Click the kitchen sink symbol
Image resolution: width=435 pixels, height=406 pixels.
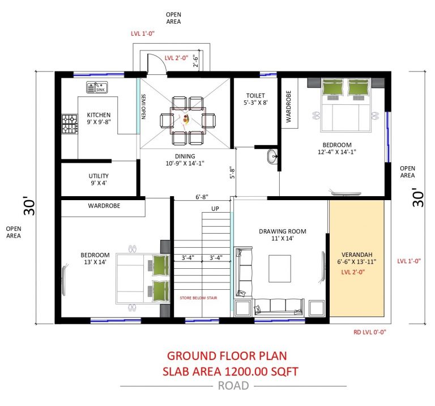pos(97,87)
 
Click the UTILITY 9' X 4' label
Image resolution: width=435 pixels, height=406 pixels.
pos(98,179)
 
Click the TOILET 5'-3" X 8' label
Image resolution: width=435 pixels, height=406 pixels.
pos(252,99)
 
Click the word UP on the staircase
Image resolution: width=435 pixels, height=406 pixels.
pos(215,209)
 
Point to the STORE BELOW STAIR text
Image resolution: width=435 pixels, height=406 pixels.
pos(198,297)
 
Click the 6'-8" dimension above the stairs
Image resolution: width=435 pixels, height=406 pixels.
pos(202,197)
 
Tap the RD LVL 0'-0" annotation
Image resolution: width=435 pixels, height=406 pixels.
pos(370,333)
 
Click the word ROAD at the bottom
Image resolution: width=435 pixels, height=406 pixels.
pos(233,386)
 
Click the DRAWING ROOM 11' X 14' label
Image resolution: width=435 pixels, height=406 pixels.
pos(282,235)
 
